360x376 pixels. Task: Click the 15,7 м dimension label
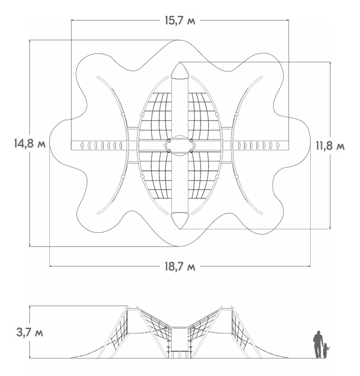(180, 21)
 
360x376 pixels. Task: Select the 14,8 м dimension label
(30, 144)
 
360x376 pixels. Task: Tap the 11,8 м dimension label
(330, 146)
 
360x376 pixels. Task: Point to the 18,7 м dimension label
(180, 266)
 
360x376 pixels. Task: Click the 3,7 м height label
(30, 333)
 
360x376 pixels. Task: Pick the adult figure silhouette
(318, 344)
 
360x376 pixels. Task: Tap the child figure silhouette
(326, 351)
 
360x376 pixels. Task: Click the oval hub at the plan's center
(179, 145)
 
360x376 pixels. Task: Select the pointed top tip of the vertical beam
(179, 62)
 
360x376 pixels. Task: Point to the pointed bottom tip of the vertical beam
(179, 229)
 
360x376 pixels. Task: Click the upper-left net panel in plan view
(156, 116)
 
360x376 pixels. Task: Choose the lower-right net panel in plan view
(203, 175)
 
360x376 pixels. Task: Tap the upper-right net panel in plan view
(203, 116)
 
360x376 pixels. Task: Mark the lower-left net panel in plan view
(156, 175)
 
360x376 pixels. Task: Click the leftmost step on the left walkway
(82, 145)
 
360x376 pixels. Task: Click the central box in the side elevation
(179, 338)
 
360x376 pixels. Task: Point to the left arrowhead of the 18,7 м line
(51, 266)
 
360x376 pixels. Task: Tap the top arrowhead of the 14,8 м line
(30, 41)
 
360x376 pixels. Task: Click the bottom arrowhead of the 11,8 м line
(330, 228)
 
